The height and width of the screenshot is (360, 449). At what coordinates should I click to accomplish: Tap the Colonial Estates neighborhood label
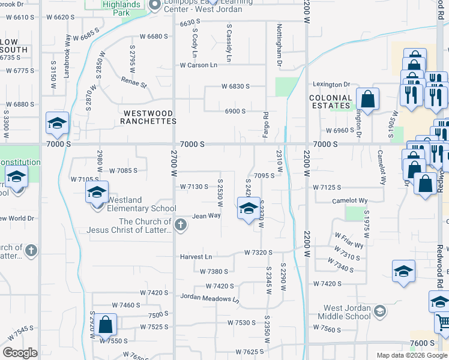click(x=331, y=101)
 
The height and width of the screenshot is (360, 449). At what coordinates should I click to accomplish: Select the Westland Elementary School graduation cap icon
click(x=96, y=193)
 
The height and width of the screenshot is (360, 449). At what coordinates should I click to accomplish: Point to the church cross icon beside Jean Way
click(x=181, y=225)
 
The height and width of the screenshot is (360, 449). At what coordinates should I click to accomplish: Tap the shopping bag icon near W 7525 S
click(x=105, y=325)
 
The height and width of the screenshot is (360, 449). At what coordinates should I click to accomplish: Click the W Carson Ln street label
click(x=198, y=65)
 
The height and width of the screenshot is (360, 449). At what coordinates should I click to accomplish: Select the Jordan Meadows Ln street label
click(x=210, y=298)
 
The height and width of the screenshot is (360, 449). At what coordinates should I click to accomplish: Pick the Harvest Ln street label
click(x=196, y=257)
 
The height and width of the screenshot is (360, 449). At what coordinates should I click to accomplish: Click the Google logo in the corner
click(x=20, y=353)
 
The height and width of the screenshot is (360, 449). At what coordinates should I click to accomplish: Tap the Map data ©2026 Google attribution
click(x=412, y=355)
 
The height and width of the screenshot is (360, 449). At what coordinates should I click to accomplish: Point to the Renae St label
click(x=134, y=82)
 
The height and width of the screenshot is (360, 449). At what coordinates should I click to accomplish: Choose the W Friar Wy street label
click(x=349, y=241)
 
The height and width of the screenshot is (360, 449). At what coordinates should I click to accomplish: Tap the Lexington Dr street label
click(x=330, y=85)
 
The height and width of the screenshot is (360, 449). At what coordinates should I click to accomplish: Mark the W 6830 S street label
click(x=235, y=86)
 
